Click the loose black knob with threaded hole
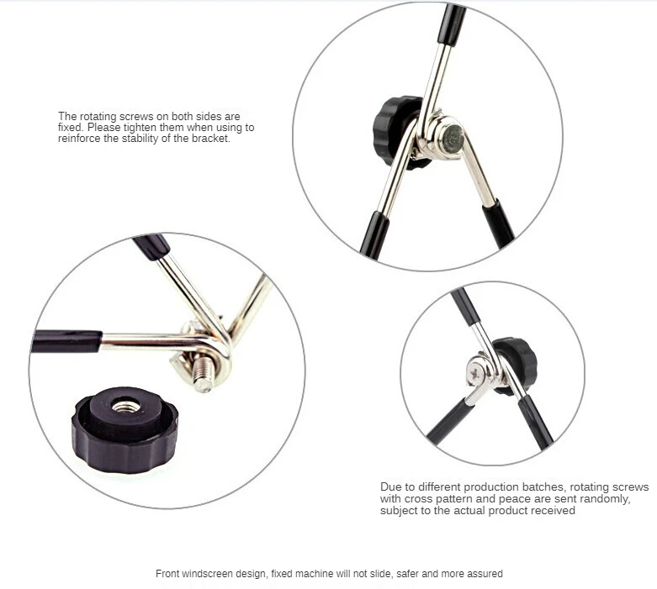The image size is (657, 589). (125, 430)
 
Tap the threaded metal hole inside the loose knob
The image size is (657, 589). (125, 406)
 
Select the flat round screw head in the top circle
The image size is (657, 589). (452, 138)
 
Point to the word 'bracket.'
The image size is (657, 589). (211, 139)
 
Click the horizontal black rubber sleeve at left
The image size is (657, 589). (66, 341)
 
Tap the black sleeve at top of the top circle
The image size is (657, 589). (452, 24)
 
